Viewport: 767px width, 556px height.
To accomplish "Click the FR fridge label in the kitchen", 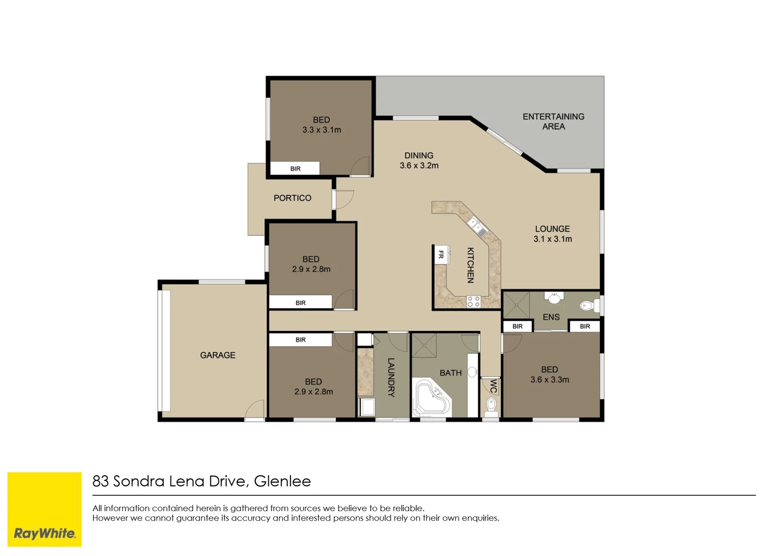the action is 441,254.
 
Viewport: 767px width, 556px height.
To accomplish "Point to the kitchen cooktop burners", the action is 473,302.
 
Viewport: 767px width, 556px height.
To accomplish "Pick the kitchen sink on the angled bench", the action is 478,227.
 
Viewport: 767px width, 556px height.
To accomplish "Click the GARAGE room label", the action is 218,355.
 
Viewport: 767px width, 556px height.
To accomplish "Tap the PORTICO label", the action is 293,198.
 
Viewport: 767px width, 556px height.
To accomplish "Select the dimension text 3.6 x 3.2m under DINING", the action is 419,166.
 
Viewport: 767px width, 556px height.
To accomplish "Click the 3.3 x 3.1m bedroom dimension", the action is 321,130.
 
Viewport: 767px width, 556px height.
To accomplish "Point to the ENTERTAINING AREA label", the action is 553,121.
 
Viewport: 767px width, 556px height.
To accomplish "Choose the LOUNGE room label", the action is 552,229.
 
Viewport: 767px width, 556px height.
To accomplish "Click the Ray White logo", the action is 44,510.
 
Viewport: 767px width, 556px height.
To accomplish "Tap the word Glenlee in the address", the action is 282,481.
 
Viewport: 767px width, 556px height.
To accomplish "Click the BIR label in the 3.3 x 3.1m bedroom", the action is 296,169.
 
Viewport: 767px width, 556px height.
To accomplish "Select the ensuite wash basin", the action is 554,298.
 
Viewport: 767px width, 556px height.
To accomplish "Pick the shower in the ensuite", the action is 516,305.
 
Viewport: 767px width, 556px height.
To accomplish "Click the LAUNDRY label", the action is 391,377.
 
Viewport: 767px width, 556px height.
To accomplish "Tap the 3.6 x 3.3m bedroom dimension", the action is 550,380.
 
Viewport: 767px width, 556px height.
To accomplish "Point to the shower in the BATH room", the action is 424,345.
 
